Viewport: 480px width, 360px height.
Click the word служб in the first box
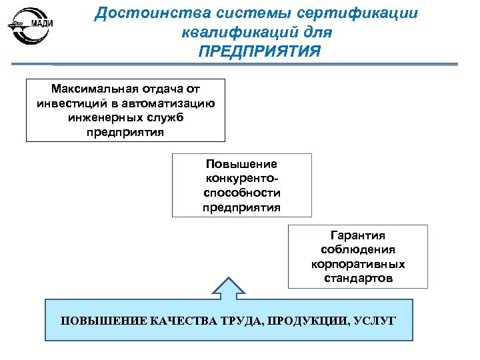coord(163,117)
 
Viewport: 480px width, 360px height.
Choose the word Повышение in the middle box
coord(241,164)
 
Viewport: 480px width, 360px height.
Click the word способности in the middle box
coord(241,193)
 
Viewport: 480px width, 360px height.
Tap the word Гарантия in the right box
coord(358,235)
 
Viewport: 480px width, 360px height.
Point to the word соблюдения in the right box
coord(358,249)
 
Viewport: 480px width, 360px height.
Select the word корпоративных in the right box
coord(358,264)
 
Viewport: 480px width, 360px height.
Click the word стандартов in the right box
coord(358,278)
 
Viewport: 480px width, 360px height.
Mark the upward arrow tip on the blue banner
coord(228,277)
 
